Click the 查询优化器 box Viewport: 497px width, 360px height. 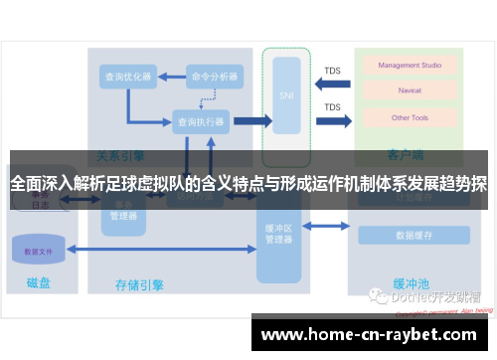tap(127, 76)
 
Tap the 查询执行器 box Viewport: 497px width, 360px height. tap(200, 121)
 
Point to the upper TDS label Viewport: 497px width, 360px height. tap(332, 72)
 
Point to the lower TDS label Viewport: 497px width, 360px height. tap(332, 107)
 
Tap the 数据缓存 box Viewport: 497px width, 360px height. tap(414, 236)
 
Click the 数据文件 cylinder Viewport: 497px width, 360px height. tap(39, 250)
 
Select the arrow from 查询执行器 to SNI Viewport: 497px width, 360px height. tap(251, 121)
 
